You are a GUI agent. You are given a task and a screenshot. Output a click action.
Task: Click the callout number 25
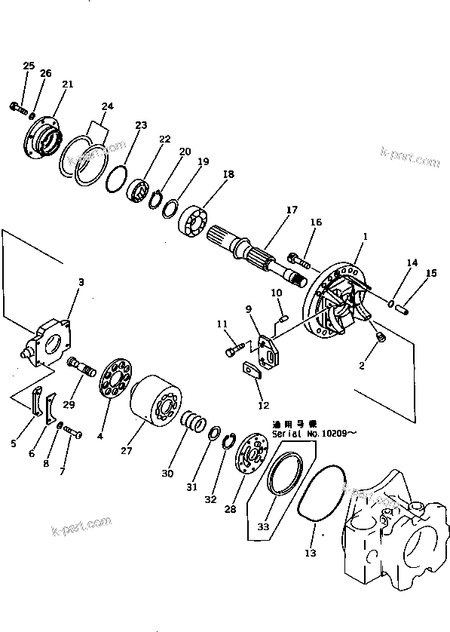tap(29, 66)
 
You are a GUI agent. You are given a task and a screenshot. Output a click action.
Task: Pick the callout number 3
tap(81, 282)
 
